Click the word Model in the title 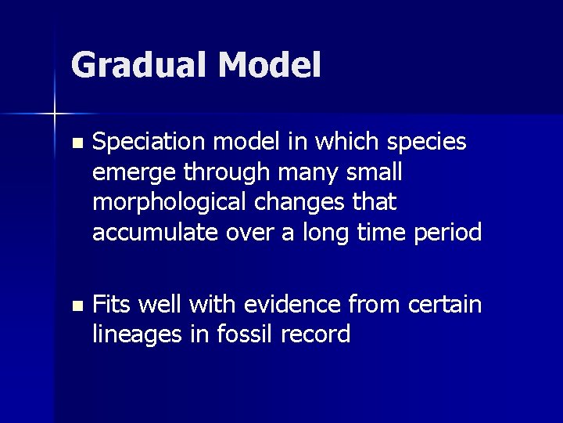tap(270, 66)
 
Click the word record tap(315, 334)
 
